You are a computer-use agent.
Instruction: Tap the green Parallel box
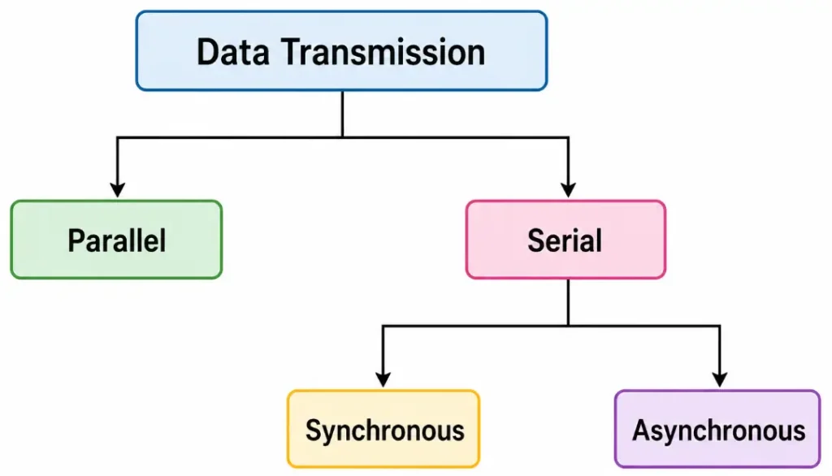coord(116,240)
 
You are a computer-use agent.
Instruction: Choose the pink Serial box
coord(565,240)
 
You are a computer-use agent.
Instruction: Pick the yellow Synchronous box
coord(383,430)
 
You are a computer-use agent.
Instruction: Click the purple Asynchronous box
coord(718,430)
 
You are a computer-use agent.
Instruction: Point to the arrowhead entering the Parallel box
coord(118,189)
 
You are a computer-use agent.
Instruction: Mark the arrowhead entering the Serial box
coord(568,189)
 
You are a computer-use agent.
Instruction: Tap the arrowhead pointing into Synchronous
coord(383,379)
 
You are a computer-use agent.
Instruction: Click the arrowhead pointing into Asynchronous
coord(719,379)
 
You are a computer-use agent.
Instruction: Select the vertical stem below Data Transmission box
coord(342,114)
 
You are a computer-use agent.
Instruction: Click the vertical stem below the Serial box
coord(568,302)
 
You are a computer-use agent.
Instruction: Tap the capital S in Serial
coord(536,240)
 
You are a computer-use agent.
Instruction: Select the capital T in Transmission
coord(292,53)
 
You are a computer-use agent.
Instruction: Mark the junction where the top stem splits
coord(342,137)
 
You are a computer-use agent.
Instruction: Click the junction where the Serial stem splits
coord(568,327)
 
